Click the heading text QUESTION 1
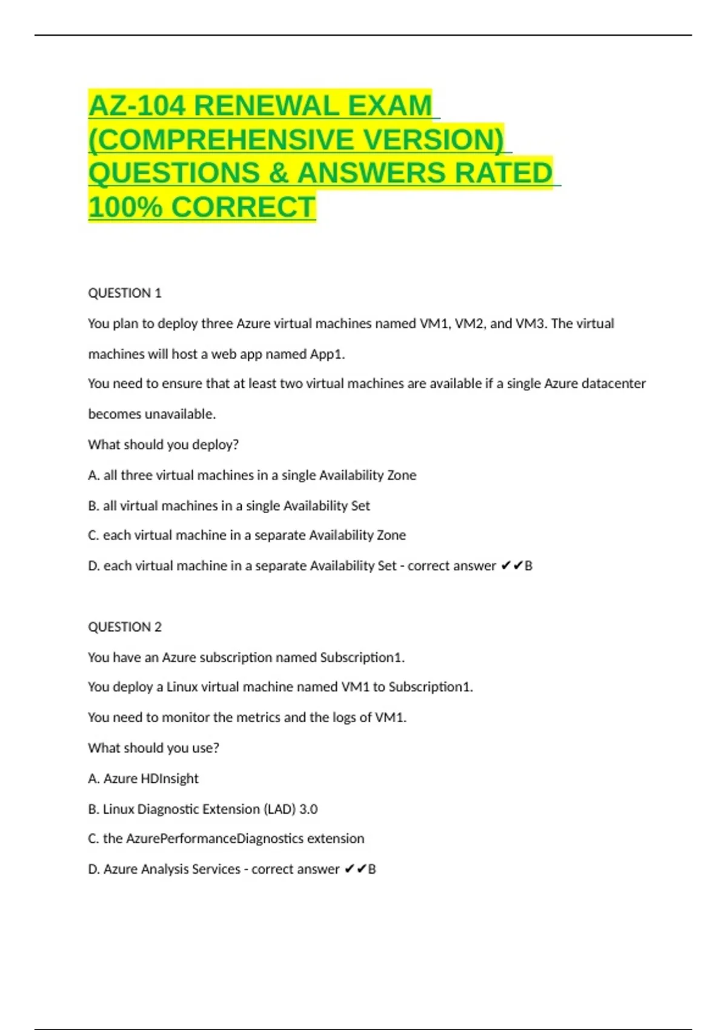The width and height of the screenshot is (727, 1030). [125, 293]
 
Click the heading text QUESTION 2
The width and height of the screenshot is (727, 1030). [125, 627]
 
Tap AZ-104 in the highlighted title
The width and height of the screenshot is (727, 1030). [137, 106]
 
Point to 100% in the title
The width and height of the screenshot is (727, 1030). [125, 207]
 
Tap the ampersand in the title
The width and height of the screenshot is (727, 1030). [278, 173]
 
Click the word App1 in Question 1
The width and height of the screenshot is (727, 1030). [326, 354]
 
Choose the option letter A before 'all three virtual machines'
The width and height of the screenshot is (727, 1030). [93, 476]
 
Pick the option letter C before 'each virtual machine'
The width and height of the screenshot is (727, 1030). [93, 536]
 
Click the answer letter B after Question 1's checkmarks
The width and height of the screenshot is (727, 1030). [528, 566]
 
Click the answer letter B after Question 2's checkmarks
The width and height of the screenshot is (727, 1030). [372, 869]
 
